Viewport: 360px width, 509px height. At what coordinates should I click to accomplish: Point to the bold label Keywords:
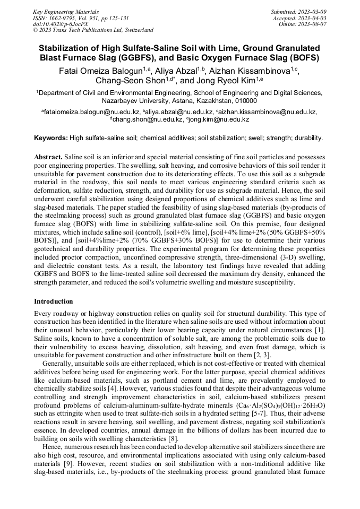pyautogui.click(x=51, y=138)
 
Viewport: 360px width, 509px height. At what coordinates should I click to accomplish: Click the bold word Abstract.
pyautogui.click(x=48, y=158)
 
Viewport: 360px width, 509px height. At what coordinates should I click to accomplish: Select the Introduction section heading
pyautogui.click(x=54, y=301)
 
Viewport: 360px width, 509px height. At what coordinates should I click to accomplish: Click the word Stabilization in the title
pyautogui.click(x=65, y=48)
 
